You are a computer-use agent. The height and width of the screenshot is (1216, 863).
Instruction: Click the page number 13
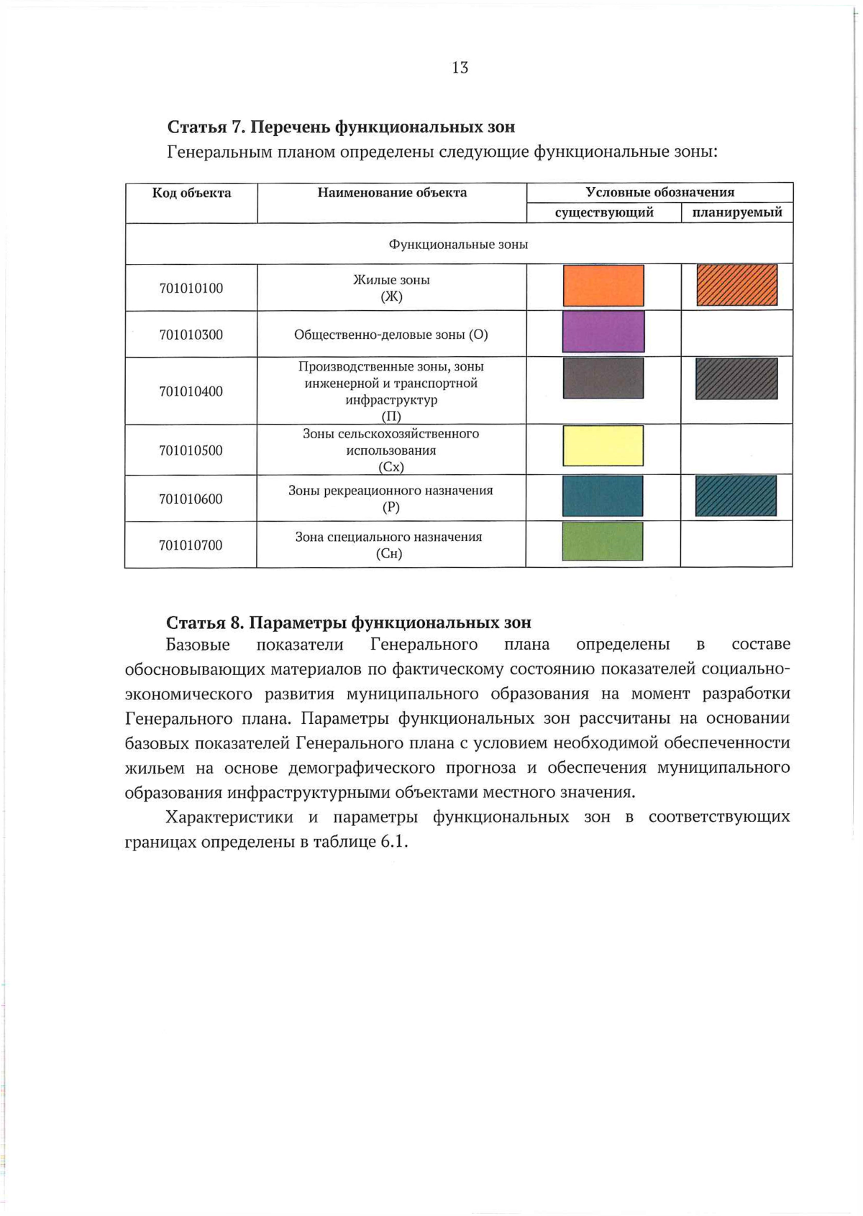pyautogui.click(x=460, y=68)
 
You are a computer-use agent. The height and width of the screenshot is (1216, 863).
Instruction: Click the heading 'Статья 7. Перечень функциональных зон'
pyautogui.click(x=341, y=127)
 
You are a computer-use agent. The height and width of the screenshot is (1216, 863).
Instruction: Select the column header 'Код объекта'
pyautogui.click(x=191, y=193)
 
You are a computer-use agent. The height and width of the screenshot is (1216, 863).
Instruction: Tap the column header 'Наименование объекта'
pyautogui.click(x=392, y=193)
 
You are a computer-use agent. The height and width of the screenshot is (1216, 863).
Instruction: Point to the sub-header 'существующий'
pyautogui.click(x=604, y=213)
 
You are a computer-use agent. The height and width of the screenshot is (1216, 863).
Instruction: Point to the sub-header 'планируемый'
pyautogui.click(x=737, y=213)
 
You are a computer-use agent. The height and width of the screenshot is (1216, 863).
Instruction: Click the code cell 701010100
pyautogui.click(x=191, y=289)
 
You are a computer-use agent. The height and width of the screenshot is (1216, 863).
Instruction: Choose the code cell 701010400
pyautogui.click(x=191, y=391)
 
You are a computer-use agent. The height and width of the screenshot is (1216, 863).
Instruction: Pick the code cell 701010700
pyautogui.click(x=191, y=545)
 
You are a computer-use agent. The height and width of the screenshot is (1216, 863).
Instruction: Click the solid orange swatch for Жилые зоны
pyautogui.click(x=603, y=286)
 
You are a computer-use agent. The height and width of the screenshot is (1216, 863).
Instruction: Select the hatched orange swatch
pyautogui.click(x=737, y=286)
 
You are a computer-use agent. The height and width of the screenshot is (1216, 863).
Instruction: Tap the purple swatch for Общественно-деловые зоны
pyautogui.click(x=603, y=332)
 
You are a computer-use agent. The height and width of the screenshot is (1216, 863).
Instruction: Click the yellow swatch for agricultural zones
pyautogui.click(x=603, y=446)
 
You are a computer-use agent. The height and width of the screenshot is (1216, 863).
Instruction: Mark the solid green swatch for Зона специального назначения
pyautogui.click(x=603, y=542)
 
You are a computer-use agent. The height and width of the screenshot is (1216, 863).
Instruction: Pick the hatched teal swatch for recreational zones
pyautogui.click(x=736, y=496)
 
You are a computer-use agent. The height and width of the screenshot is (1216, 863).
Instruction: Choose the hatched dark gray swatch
pyautogui.click(x=736, y=378)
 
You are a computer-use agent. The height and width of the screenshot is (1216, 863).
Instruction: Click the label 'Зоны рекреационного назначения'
pyautogui.click(x=391, y=491)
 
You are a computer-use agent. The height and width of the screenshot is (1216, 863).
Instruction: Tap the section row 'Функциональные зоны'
pyautogui.click(x=459, y=245)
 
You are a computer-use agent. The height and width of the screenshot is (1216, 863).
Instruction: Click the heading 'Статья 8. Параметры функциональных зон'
pyautogui.click(x=349, y=622)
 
